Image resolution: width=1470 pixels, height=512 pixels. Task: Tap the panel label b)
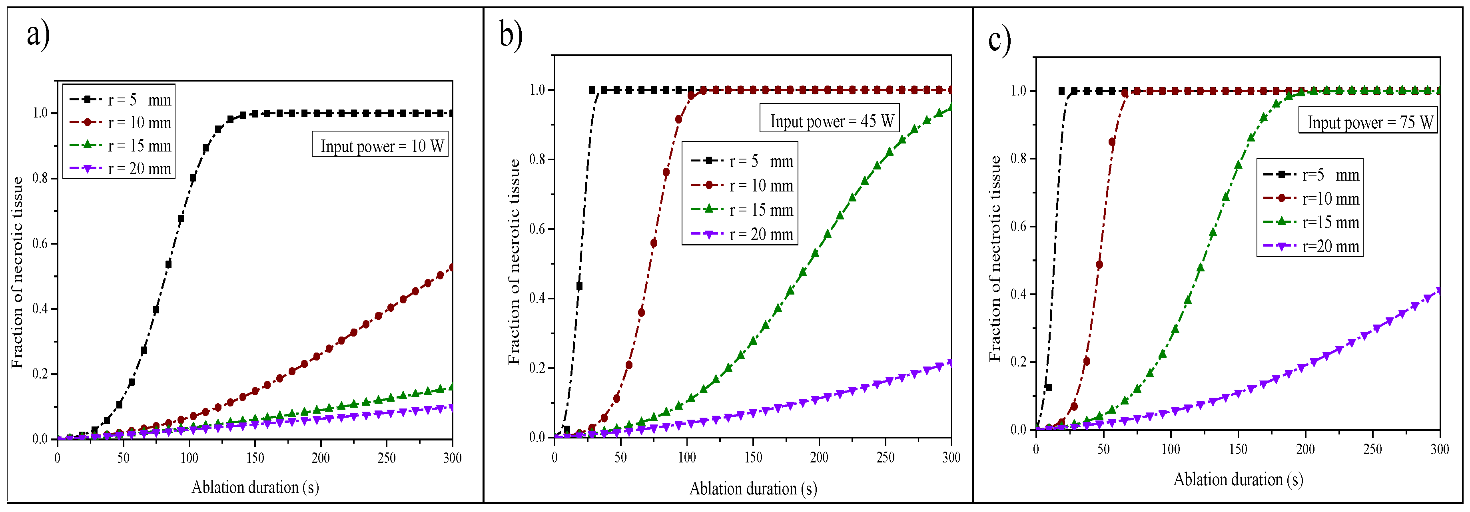tap(511, 36)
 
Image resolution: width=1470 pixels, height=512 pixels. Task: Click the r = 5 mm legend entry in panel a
tap(120, 100)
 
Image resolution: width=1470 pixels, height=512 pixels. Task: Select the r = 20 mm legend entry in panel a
tap(120, 168)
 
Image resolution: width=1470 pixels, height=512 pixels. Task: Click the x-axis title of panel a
tap(255, 487)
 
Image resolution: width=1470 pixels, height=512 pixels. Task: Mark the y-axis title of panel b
tap(514, 261)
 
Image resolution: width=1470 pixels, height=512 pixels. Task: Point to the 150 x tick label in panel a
tap(255, 458)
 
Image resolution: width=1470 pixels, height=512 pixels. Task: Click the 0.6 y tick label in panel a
tap(40, 244)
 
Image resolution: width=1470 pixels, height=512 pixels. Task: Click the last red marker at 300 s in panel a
tap(452, 267)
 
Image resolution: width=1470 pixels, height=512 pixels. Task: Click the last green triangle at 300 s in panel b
tap(951, 107)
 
